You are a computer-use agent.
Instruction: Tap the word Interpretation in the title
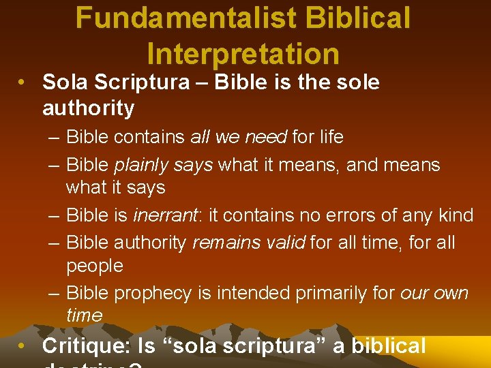(x=243, y=54)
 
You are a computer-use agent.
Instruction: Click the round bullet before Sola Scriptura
(x=23, y=83)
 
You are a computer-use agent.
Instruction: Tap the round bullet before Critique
(x=23, y=346)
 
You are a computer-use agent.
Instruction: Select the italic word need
(x=267, y=137)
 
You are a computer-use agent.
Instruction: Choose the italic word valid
(x=284, y=243)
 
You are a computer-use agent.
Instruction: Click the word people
(x=94, y=266)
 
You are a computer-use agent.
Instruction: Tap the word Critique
(x=86, y=346)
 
